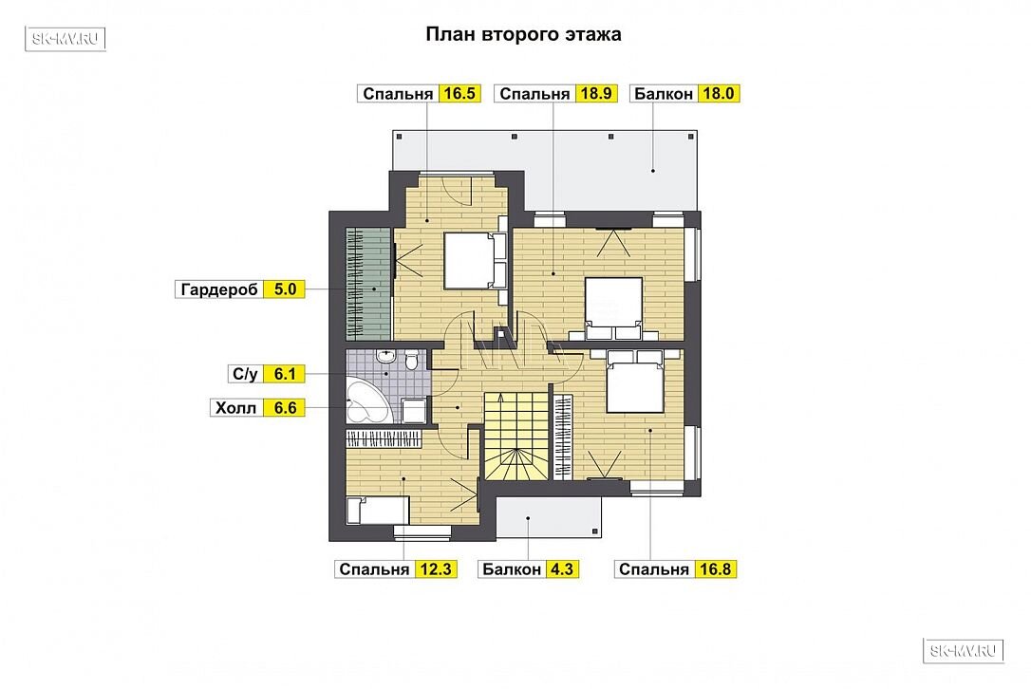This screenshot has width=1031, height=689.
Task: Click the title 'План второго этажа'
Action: (523, 34)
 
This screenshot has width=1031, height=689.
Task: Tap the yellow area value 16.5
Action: (459, 93)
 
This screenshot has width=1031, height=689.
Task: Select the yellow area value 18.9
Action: (595, 93)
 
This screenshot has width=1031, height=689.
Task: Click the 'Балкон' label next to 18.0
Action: (664, 94)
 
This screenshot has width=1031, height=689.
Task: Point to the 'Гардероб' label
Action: (219, 289)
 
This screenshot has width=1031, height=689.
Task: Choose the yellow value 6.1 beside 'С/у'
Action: (285, 374)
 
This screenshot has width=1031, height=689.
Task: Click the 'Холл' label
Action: (236, 408)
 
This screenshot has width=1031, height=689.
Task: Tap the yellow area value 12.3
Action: (436, 568)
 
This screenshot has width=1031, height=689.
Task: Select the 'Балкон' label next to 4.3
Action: (512, 569)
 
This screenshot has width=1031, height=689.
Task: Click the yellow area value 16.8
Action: (715, 568)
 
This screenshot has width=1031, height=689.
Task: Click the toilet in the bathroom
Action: (412, 361)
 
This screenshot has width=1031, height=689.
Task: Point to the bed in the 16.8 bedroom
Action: (634, 381)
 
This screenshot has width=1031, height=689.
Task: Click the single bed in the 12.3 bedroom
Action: (378, 511)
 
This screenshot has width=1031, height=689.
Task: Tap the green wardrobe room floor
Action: (369, 284)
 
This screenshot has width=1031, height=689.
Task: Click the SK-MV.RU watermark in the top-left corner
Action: (66, 38)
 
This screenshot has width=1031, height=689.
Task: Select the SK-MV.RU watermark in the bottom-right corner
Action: (964, 651)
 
